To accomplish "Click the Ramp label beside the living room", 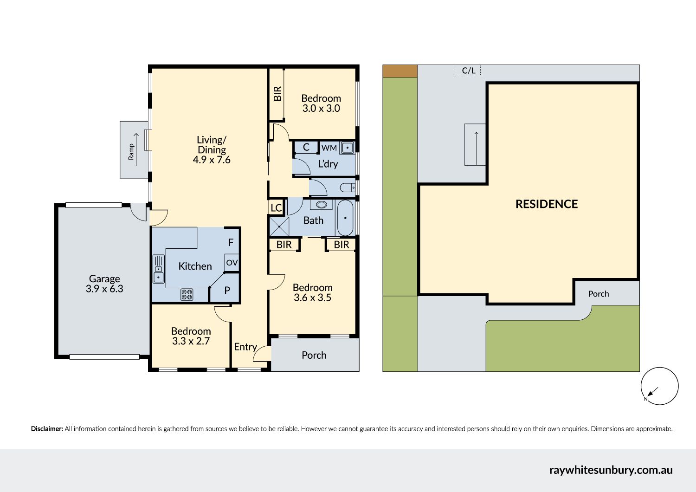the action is point(131,151).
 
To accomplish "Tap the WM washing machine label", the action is point(329,148).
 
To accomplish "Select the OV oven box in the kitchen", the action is point(232,263).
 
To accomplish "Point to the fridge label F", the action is point(231,242).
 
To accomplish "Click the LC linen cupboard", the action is point(276,207).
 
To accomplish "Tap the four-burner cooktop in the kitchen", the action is point(187,295).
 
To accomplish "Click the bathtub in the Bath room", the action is point(345,218).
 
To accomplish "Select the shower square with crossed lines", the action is point(279,227).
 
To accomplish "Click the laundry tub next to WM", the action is point(347,148).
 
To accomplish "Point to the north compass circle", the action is point(660,386).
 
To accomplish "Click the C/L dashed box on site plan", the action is point(468,70).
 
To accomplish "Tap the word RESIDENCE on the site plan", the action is point(547,204).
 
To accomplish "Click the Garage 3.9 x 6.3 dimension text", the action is point(104,284).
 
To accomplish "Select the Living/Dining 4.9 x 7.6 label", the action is point(212,150).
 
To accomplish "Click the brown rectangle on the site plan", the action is point(400,71).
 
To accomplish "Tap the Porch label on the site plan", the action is point(599,294).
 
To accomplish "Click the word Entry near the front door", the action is point(245,347).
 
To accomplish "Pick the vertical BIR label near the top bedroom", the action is point(277,94).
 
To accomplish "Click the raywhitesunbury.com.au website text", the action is point(611,470).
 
